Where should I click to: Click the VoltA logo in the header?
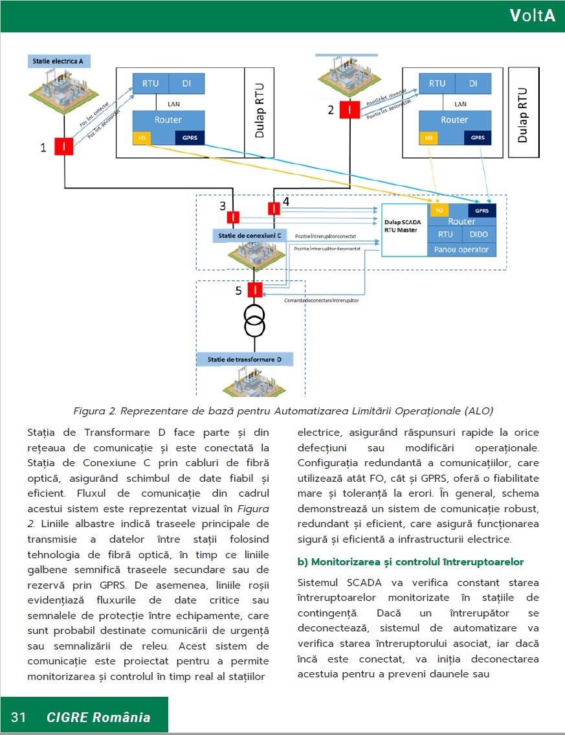(532, 16)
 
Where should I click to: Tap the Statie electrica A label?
(58, 62)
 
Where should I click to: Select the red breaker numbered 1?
(64, 147)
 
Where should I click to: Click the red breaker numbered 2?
(350, 110)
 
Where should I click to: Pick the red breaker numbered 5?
(255, 289)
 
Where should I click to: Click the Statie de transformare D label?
(245, 359)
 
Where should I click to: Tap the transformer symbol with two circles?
(255, 320)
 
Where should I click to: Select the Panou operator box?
(461, 249)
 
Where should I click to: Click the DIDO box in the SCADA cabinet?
(479, 234)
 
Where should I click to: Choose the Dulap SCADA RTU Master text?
(403, 226)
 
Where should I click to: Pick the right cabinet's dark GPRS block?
(477, 138)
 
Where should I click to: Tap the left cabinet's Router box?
(168, 120)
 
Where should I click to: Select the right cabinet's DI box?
(473, 84)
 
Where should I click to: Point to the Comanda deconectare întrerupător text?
(322, 300)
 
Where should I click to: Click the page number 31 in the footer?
(18, 717)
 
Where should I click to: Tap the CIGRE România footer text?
(98, 717)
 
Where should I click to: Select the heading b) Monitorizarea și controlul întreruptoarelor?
(410, 561)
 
